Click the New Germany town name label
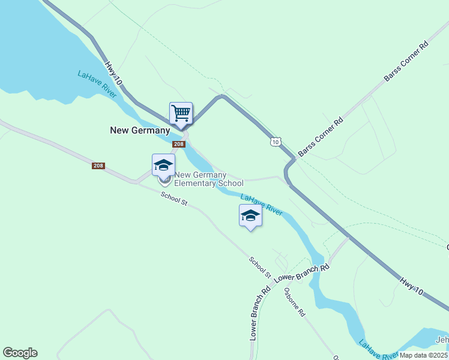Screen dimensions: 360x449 pyautogui.click(x=140, y=130)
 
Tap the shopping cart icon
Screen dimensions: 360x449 pyautogui.click(x=181, y=113)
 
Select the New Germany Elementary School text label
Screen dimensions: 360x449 pyautogui.click(x=209, y=179)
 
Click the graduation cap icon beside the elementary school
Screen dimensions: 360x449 pyautogui.click(x=163, y=165)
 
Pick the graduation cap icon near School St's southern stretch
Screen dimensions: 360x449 pyautogui.click(x=250, y=216)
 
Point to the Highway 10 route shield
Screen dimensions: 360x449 pyautogui.click(x=275, y=142)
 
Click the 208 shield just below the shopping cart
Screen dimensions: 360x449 pyautogui.click(x=178, y=145)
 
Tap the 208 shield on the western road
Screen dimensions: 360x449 pyautogui.click(x=98, y=166)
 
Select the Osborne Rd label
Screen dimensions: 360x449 pyautogui.click(x=295, y=302)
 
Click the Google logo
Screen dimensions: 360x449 pyautogui.click(x=20, y=353)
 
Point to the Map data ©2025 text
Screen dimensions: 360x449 pyautogui.click(x=423, y=355)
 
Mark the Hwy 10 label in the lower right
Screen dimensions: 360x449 pyautogui.click(x=412, y=283)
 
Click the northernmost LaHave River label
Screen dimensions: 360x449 pyautogui.click(x=97, y=84)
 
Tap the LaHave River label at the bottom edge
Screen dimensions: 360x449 pyautogui.click(x=378, y=351)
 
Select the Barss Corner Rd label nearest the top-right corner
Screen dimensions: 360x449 pyautogui.click(x=406, y=62)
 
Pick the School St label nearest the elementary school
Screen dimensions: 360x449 pyautogui.click(x=174, y=199)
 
